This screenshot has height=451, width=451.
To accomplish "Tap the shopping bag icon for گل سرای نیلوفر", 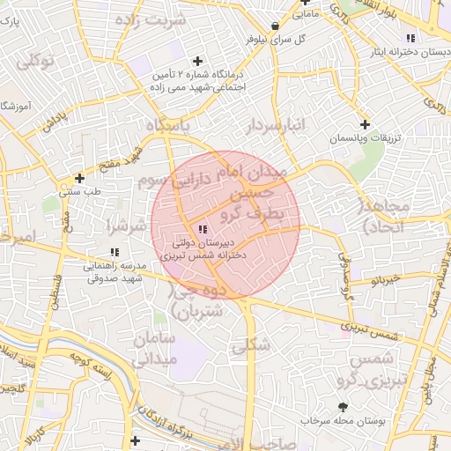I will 277,26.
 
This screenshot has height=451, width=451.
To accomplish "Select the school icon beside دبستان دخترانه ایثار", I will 410,38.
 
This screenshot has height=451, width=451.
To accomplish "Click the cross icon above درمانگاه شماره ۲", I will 197,61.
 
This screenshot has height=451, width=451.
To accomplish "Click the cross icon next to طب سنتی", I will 79,177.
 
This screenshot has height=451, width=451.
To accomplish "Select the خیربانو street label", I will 385,280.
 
